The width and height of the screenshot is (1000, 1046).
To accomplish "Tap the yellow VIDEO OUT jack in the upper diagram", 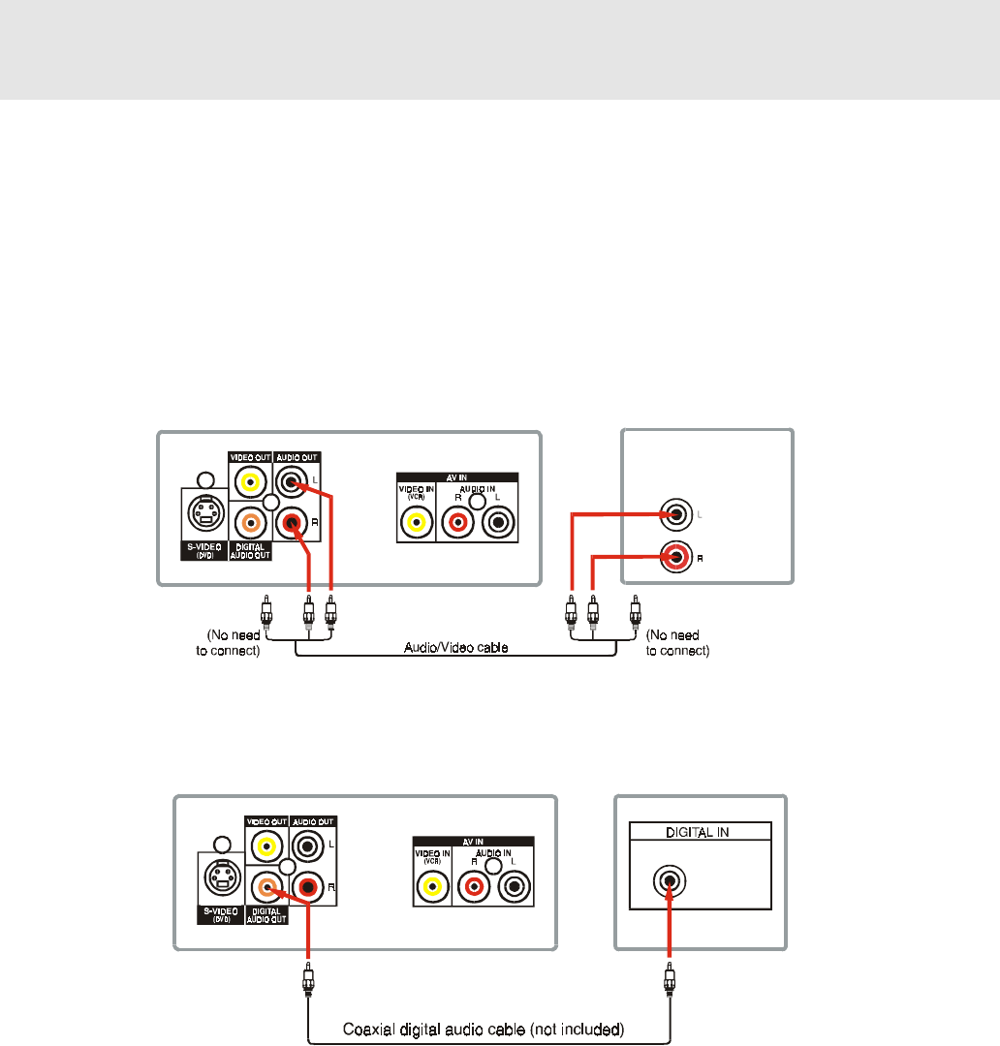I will [251, 481].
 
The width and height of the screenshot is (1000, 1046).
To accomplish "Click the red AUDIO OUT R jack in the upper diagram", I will [292, 524].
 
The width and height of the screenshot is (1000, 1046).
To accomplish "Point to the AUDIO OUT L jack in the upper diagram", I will [292, 481].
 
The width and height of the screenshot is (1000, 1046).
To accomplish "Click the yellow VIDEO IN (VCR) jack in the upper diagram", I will [416, 523].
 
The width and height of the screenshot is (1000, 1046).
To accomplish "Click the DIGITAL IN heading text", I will [700, 831].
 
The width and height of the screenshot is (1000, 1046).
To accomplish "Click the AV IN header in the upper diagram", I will [457, 477].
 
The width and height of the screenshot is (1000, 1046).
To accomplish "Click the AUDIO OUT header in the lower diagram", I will [314, 820].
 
